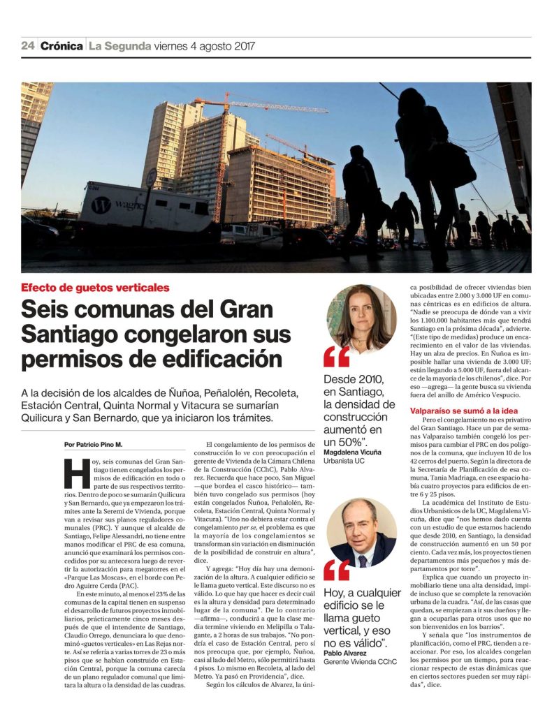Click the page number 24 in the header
pos(28,47)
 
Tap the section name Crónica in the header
pos(61,47)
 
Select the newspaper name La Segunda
pos(120,47)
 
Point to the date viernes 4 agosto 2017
pos(205,47)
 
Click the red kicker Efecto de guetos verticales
pos(95,287)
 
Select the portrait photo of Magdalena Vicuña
pos(361,318)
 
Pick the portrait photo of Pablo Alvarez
pos(361,533)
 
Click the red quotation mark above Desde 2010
pos(336,357)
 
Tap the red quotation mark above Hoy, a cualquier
pos(336,570)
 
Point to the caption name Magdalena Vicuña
pos(352,452)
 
